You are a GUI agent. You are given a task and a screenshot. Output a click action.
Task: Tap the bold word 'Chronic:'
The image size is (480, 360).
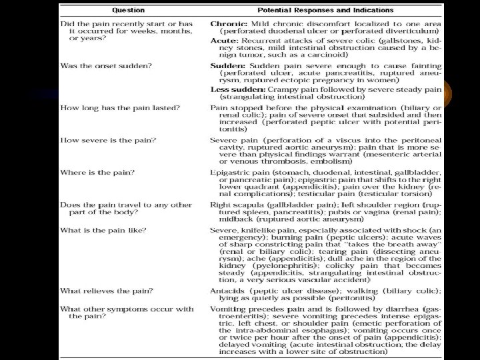(x=227, y=23)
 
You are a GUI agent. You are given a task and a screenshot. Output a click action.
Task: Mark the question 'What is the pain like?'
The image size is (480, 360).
(x=103, y=229)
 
